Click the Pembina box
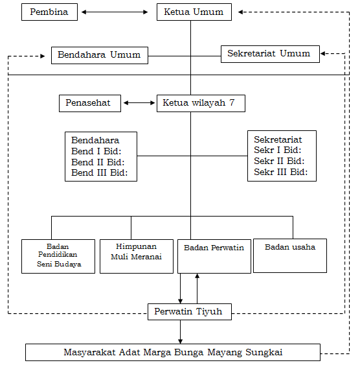click(49, 12)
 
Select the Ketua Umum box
click(194, 12)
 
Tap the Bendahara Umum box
click(100, 55)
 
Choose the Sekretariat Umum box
click(270, 54)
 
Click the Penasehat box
click(90, 103)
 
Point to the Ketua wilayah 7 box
click(201, 103)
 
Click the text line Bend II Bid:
click(98, 162)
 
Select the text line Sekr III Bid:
click(281, 172)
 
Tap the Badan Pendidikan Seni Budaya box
click(58, 256)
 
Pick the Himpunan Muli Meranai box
click(137, 256)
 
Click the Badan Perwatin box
click(214, 256)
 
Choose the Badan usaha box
click(290, 255)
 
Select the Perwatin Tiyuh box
click(190, 312)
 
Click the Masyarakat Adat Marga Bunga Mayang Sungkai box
click(173, 352)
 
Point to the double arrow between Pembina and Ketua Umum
click(115, 12)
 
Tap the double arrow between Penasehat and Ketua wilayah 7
click(139, 103)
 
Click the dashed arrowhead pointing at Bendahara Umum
click(43, 56)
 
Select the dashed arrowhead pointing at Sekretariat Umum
click(323, 54)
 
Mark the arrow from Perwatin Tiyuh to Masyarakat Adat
click(181, 332)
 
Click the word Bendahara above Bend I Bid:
click(95, 140)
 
